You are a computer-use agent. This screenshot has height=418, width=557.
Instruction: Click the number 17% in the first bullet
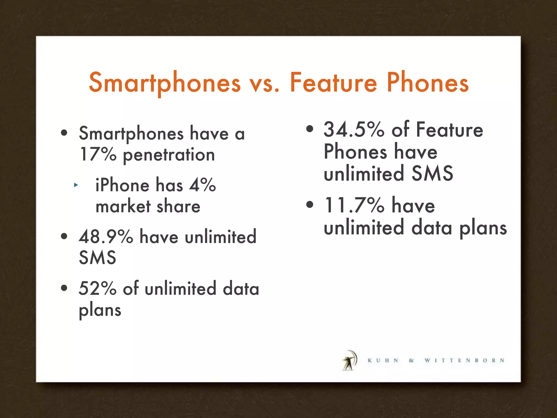(x=98, y=154)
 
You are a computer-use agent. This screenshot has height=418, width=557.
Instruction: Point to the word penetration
(x=169, y=155)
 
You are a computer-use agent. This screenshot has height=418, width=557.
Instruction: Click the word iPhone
(x=122, y=185)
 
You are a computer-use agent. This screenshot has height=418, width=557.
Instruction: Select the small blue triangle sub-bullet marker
(x=76, y=185)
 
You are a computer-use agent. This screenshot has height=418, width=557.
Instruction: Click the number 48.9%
(x=106, y=236)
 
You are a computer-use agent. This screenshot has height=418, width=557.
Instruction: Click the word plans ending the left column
(x=100, y=311)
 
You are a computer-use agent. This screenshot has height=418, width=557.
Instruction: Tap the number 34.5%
(x=354, y=130)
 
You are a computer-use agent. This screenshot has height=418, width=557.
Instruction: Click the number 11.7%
(x=354, y=205)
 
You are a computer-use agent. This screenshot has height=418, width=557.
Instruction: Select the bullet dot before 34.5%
(x=310, y=129)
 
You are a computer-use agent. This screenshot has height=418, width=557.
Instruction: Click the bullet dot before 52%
(x=64, y=288)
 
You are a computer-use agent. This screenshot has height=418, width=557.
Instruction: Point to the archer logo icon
(x=349, y=360)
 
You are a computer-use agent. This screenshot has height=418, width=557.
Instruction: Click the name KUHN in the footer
(x=383, y=361)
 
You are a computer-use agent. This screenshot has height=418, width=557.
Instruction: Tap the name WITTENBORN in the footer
(x=465, y=361)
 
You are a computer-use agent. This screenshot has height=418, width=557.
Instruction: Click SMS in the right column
(x=432, y=173)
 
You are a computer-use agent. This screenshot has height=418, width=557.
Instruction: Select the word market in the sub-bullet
(x=123, y=207)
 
